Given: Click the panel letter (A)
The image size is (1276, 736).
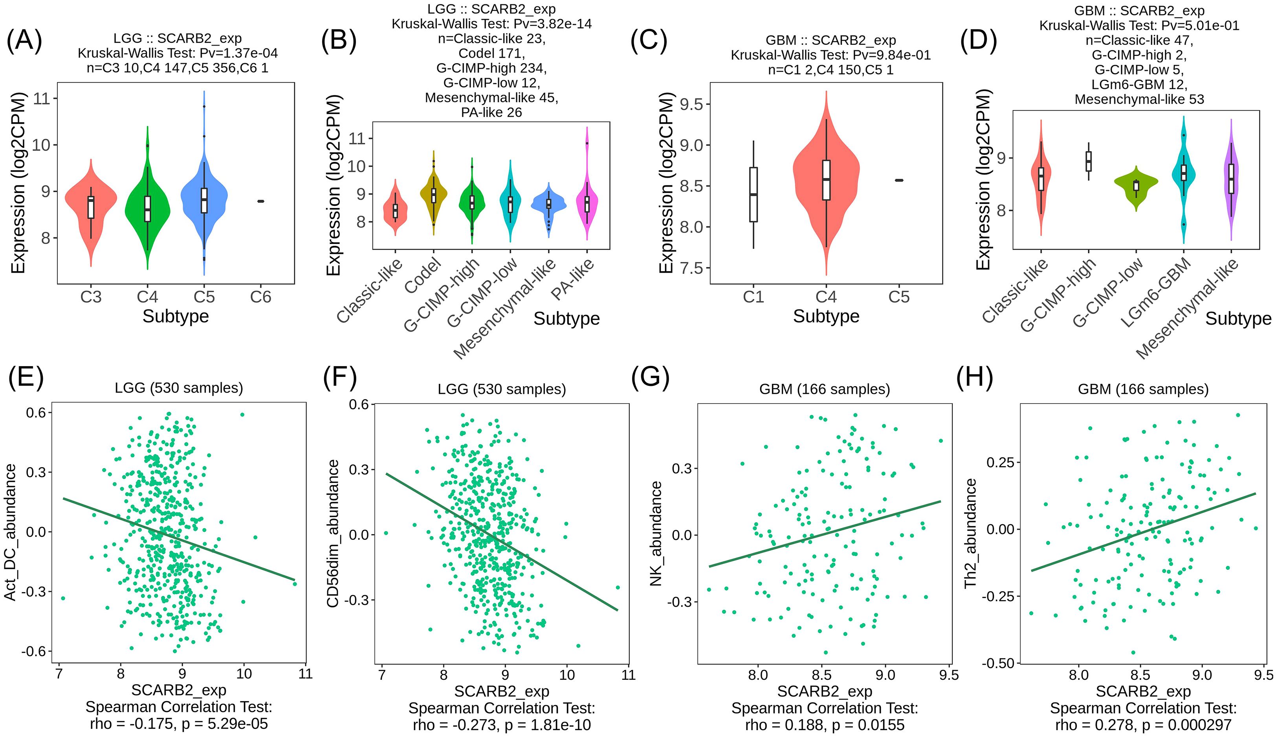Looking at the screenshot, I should [24, 40].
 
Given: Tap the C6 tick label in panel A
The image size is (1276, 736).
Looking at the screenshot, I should [261, 297].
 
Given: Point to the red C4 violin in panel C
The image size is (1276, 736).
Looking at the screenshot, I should [826, 182].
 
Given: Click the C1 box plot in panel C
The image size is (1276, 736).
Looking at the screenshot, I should [753, 195].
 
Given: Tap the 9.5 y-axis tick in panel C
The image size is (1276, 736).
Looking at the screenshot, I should [692, 105].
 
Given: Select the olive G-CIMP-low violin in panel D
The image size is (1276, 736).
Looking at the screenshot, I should [1136, 185].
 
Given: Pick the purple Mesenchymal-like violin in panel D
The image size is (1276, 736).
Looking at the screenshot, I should [1232, 182].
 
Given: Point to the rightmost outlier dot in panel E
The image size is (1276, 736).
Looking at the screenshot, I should [295, 584].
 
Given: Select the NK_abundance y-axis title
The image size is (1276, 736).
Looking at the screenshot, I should [656, 533].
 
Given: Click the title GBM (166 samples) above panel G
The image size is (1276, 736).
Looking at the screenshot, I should [824, 389].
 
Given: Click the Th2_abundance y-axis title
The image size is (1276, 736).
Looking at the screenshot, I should [970, 533].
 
